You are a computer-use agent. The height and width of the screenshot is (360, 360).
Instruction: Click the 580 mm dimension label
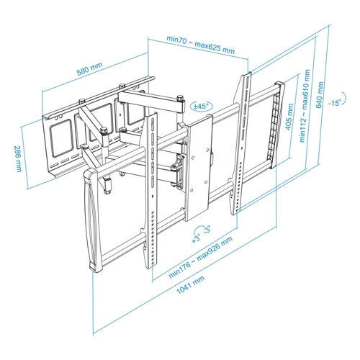(89, 68)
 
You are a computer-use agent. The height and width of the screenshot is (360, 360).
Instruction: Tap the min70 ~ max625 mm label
(200, 45)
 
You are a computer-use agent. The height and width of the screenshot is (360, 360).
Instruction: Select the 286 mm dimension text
(18, 158)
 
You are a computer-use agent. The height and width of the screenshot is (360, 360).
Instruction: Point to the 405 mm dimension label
(289, 117)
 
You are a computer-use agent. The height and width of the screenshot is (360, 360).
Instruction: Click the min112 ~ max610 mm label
(305, 106)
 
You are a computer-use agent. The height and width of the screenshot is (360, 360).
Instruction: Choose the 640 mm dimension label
(320, 95)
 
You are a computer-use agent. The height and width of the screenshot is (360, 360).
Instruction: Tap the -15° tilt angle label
(335, 103)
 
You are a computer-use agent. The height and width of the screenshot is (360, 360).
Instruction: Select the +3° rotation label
(196, 239)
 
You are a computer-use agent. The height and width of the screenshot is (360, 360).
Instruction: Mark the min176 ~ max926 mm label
(201, 257)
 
